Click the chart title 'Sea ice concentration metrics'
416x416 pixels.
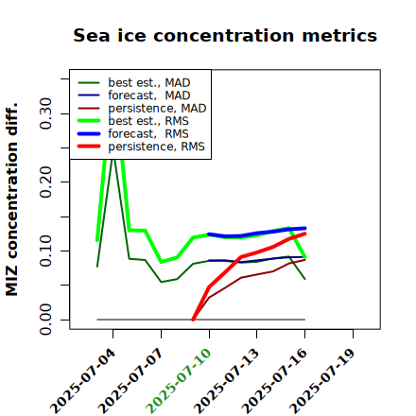tap(225, 35)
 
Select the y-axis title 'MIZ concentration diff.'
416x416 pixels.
tap(11, 199)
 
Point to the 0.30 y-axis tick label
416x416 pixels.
tap(45, 113)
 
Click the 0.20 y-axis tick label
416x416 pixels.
tap(45, 182)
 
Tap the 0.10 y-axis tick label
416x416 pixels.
tap(45, 251)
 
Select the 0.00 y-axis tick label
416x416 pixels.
tap(45, 320)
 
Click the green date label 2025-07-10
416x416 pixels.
tap(179, 381)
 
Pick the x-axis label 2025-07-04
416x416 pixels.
tap(82, 381)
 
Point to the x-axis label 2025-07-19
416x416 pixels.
tap(322, 381)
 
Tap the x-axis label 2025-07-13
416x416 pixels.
tap(226, 381)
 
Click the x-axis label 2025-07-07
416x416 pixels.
tap(130, 381)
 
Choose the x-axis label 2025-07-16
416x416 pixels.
tap(274, 381)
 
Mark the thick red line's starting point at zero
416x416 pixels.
tap(193, 320)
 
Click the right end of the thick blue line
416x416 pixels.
tap(305, 228)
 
